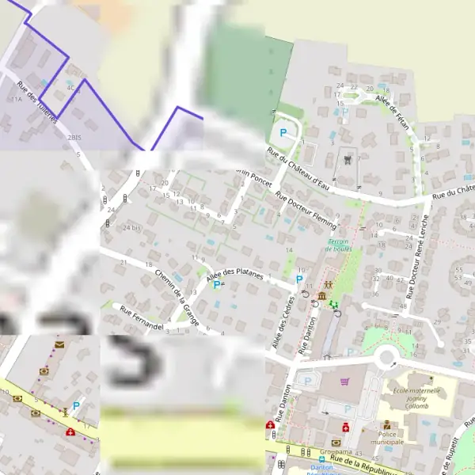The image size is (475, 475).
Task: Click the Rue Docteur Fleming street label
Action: point(306,210)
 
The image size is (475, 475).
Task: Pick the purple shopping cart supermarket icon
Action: point(344,382)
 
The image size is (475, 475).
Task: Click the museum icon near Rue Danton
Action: point(321,296)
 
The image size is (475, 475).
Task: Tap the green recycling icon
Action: point(333,303)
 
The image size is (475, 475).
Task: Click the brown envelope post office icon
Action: point(59,345)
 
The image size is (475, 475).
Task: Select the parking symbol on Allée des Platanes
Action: point(216,284)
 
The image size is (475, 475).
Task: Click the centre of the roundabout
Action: point(387,358)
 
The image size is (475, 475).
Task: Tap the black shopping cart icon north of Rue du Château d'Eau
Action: point(348,158)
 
